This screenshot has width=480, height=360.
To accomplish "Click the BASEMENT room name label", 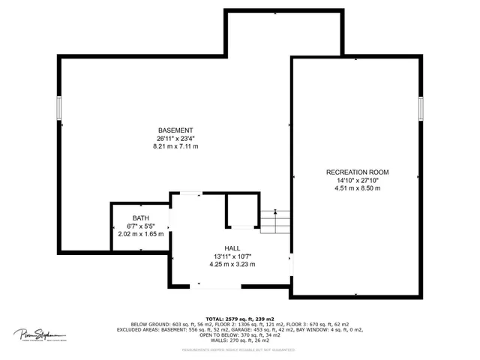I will click(175, 130).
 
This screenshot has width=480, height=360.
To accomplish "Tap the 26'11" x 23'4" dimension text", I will click(175, 138).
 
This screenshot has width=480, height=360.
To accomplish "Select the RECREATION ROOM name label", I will click(357, 172).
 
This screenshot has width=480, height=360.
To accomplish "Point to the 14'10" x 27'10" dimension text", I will click(357, 180).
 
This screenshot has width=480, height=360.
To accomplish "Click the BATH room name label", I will click(139, 218).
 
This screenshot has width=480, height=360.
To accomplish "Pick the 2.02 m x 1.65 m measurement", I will click(139, 234).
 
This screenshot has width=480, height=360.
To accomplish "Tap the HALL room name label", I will click(232, 248).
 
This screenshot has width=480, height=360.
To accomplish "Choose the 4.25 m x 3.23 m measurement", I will click(232, 264).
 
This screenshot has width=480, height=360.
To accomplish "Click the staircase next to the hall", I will click(274, 220).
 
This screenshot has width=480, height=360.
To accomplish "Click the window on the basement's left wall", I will click(58, 108).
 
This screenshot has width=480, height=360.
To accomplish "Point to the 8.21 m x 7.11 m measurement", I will click(175, 146).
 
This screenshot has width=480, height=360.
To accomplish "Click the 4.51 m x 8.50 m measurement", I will click(357, 188).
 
